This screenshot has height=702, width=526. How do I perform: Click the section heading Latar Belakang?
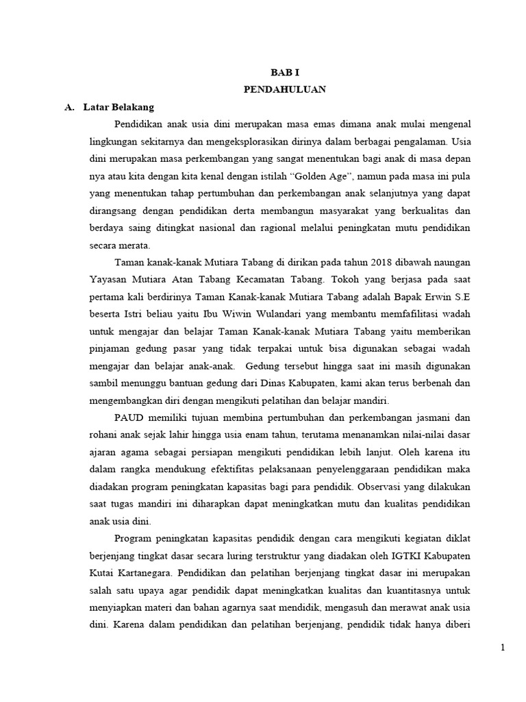tap(118, 107)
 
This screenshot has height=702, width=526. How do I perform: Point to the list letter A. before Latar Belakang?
tap(68, 107)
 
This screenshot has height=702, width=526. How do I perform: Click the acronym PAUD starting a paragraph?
tap(129, 418)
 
